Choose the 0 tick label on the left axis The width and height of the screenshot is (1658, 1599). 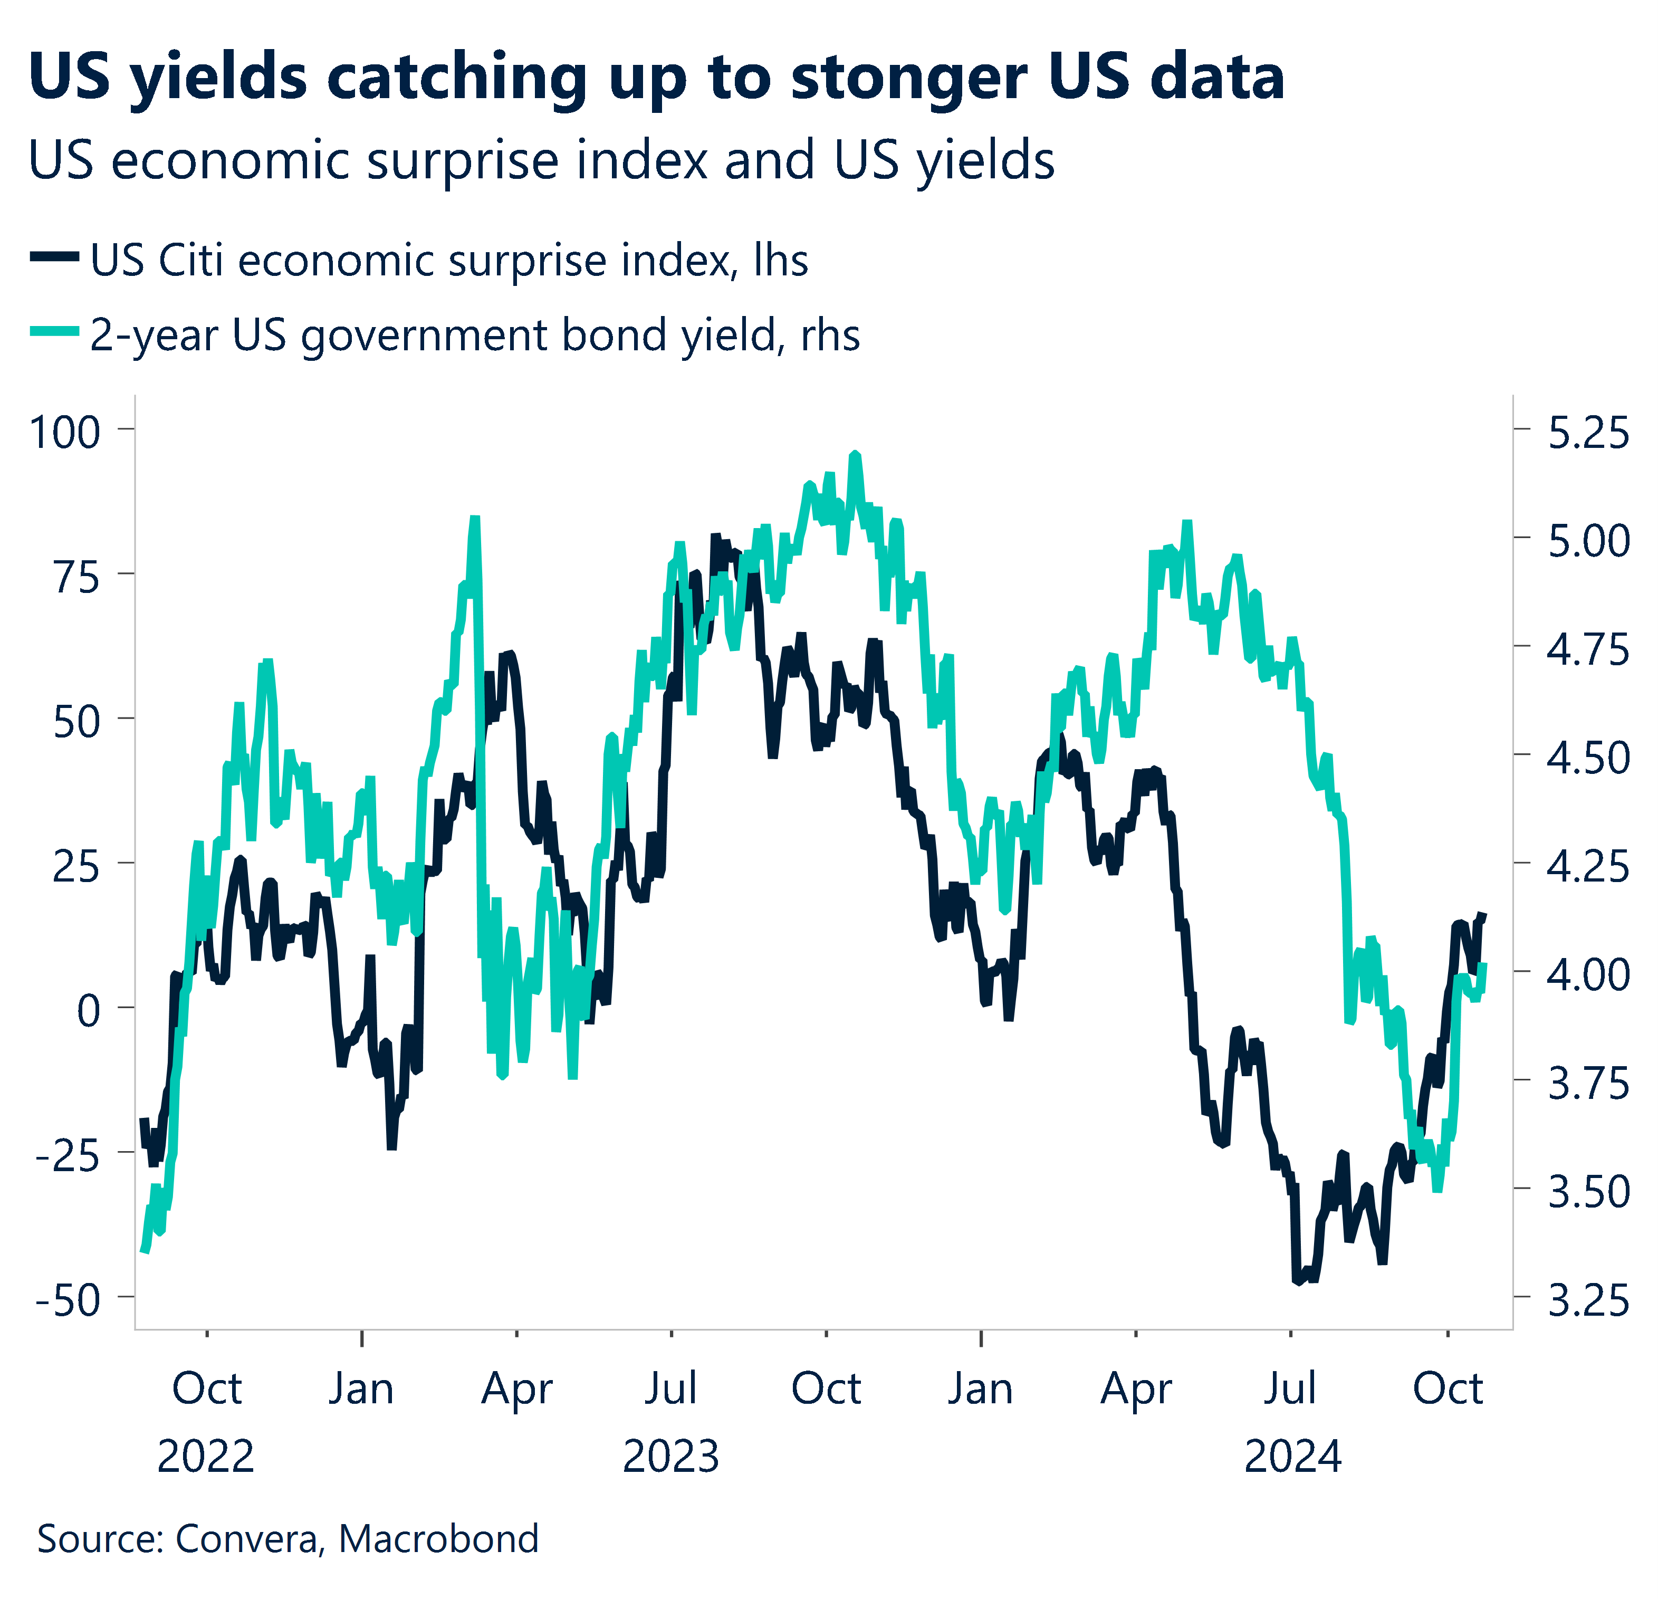click(88, 1011)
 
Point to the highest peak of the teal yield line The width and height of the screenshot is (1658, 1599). click(855, 454)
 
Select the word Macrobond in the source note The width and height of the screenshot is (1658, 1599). click(438, 1538)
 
